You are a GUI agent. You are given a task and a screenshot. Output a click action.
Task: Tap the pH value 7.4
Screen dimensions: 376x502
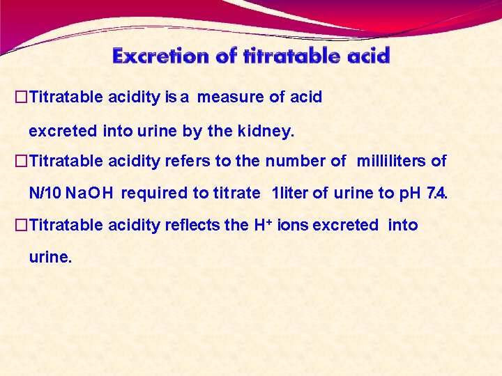[x=436, y=194]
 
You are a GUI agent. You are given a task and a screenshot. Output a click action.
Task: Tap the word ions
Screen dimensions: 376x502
[x=294, y=225]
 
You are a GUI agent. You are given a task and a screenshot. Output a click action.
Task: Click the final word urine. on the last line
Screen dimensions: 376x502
[x=50, y=258]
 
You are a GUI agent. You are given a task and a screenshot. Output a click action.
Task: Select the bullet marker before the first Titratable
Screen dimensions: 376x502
[x=20, y=97]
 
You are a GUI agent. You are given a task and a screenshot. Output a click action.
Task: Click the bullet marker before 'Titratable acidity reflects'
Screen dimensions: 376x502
[x=20, y=225]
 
